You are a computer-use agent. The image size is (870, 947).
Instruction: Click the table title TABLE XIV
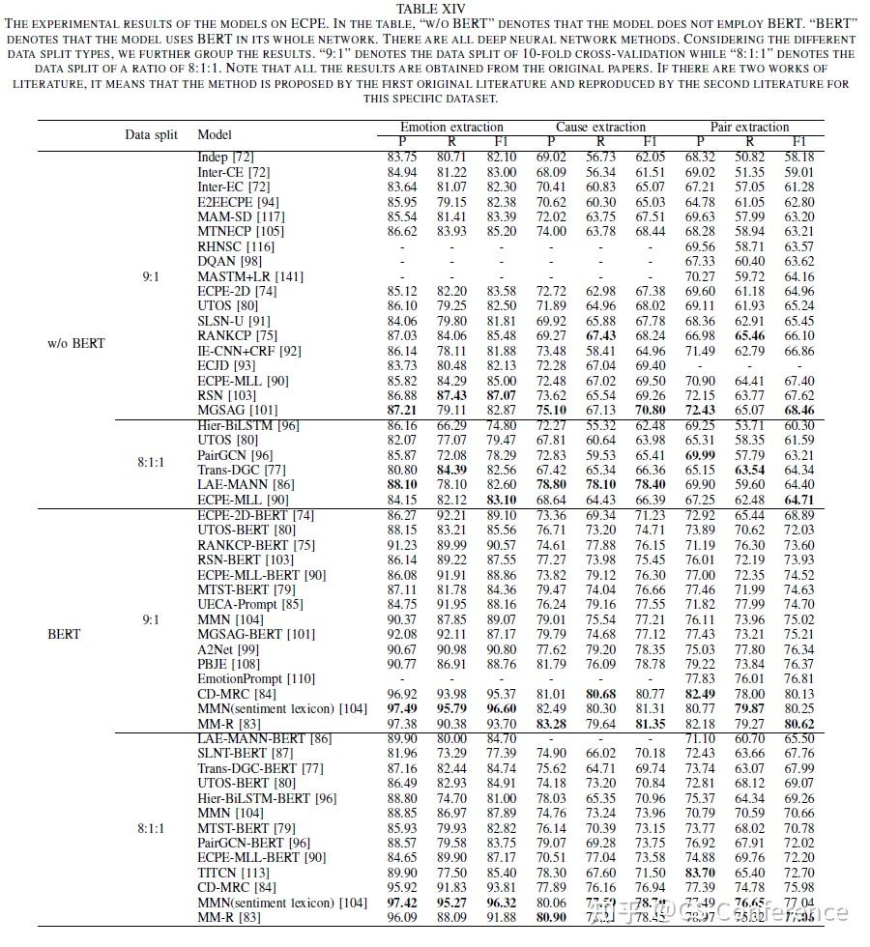coord(433,10)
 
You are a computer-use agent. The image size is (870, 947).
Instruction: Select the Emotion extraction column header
coord(451,127)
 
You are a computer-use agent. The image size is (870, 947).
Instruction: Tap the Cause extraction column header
coord(600,127)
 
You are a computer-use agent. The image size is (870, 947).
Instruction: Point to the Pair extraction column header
coord(750,127)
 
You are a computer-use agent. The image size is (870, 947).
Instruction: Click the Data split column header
coord(151,134)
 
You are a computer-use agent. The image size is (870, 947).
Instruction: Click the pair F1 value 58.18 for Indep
coord(797,157)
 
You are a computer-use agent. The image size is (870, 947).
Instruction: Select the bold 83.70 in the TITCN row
coord(700,873)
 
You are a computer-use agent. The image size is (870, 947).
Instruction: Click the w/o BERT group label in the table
coord(76,343)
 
